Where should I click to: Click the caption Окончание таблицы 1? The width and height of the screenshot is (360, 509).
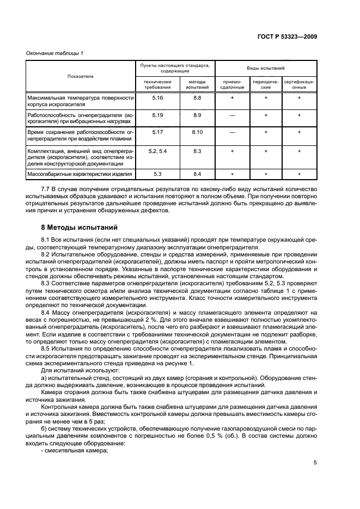pos(55,53)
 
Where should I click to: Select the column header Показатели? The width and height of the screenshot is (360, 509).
pos(80,76)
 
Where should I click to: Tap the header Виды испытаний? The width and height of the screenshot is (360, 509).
pos(266,68)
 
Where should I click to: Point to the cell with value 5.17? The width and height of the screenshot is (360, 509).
pos(157,132)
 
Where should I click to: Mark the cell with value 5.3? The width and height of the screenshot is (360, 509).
pos(157,174)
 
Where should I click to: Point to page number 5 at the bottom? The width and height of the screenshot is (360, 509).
pos(315,463)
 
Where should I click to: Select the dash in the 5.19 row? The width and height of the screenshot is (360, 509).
pos(232,115)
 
